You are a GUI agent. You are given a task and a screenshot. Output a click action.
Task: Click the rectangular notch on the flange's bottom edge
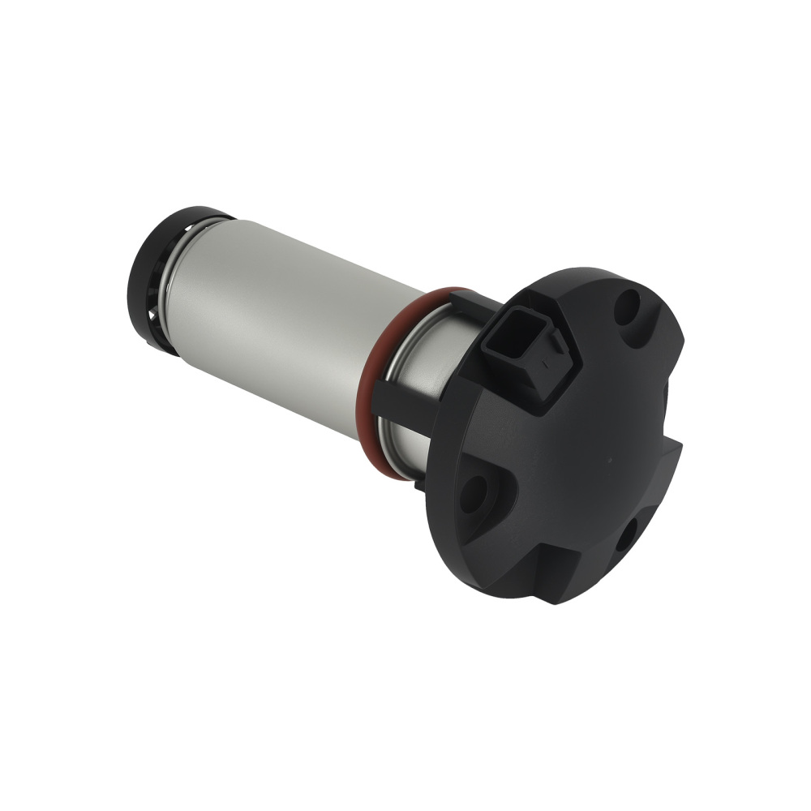[x=560, y=568]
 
